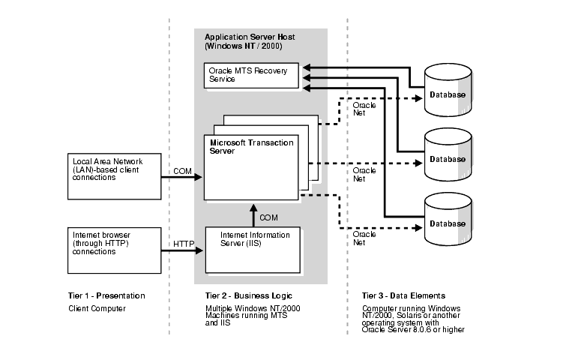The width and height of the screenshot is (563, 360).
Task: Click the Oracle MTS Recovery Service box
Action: coord(251,75)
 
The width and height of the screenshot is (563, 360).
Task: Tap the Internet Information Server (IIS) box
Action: coord(253,248)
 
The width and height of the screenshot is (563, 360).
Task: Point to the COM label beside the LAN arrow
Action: coord(182,171)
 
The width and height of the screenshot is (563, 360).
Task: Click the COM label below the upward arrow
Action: coord(269,217)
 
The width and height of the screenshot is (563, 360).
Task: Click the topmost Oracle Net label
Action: coord(364,109)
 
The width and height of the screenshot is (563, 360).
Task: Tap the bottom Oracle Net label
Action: coord(364,238)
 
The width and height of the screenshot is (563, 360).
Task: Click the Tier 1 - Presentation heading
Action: coord(106,296)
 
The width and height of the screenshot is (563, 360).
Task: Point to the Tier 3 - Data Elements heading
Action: coord(403,296)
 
